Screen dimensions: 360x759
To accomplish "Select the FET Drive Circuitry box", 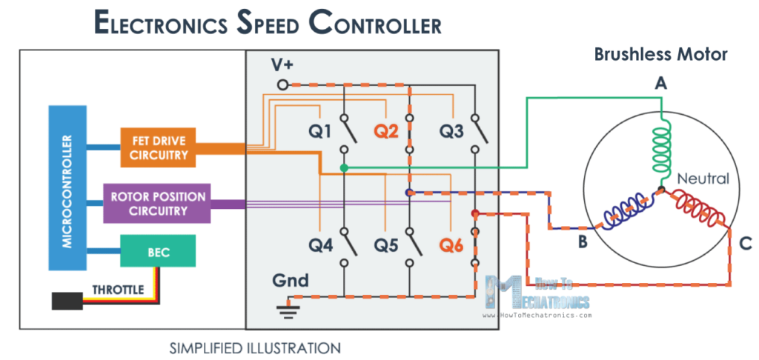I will pyautogui.click(x=159, y=147).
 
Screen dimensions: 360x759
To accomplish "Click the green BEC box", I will pyautogui.click(x=158, y=253).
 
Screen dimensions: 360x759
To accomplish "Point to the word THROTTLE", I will pyautogui.click(x=118, y=290).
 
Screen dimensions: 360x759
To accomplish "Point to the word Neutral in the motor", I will pyautogui.click(x=703, y=179).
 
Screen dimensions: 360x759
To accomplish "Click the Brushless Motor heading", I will pyautogui.click(x=660, y=55).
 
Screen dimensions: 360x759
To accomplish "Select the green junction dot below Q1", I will pyautogui.click(x=344, y=168).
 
